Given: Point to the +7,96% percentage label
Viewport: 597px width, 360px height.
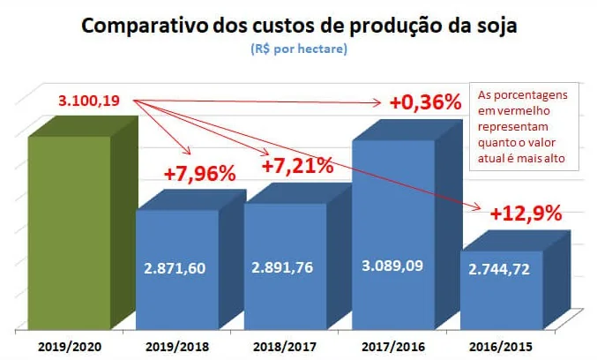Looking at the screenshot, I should coord(200,174).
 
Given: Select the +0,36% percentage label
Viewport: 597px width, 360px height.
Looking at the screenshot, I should coord(425,102).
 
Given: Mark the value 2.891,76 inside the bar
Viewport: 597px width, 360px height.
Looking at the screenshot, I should coord(286,267).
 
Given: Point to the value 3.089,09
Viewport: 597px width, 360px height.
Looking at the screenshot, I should coord(393,263).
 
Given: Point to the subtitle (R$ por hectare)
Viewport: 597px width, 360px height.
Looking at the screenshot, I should coord(298,49).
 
